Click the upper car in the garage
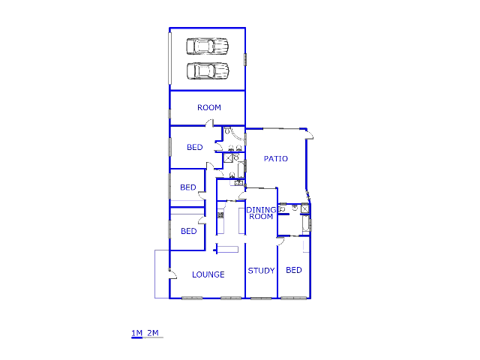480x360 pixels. (208, 46)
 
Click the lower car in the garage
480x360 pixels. (208, 71)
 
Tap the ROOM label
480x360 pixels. (209, 108)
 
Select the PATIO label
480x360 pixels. (275, 159)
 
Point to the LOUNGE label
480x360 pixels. (208, 274)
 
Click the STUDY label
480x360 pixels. (261, 271)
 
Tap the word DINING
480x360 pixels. (261, 210)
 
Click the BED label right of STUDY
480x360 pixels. (294, 270)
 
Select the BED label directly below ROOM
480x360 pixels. (195, 147)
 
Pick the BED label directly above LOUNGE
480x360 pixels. (188, 231)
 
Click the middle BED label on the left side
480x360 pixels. (187, 187)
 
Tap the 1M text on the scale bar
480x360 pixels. (136, 333)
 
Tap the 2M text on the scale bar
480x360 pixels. (154, 333)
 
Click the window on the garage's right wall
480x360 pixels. (245, 58)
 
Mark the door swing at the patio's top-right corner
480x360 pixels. (310, 136)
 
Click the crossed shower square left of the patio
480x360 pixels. (228, 158)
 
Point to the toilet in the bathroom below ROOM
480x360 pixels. (227, 131)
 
